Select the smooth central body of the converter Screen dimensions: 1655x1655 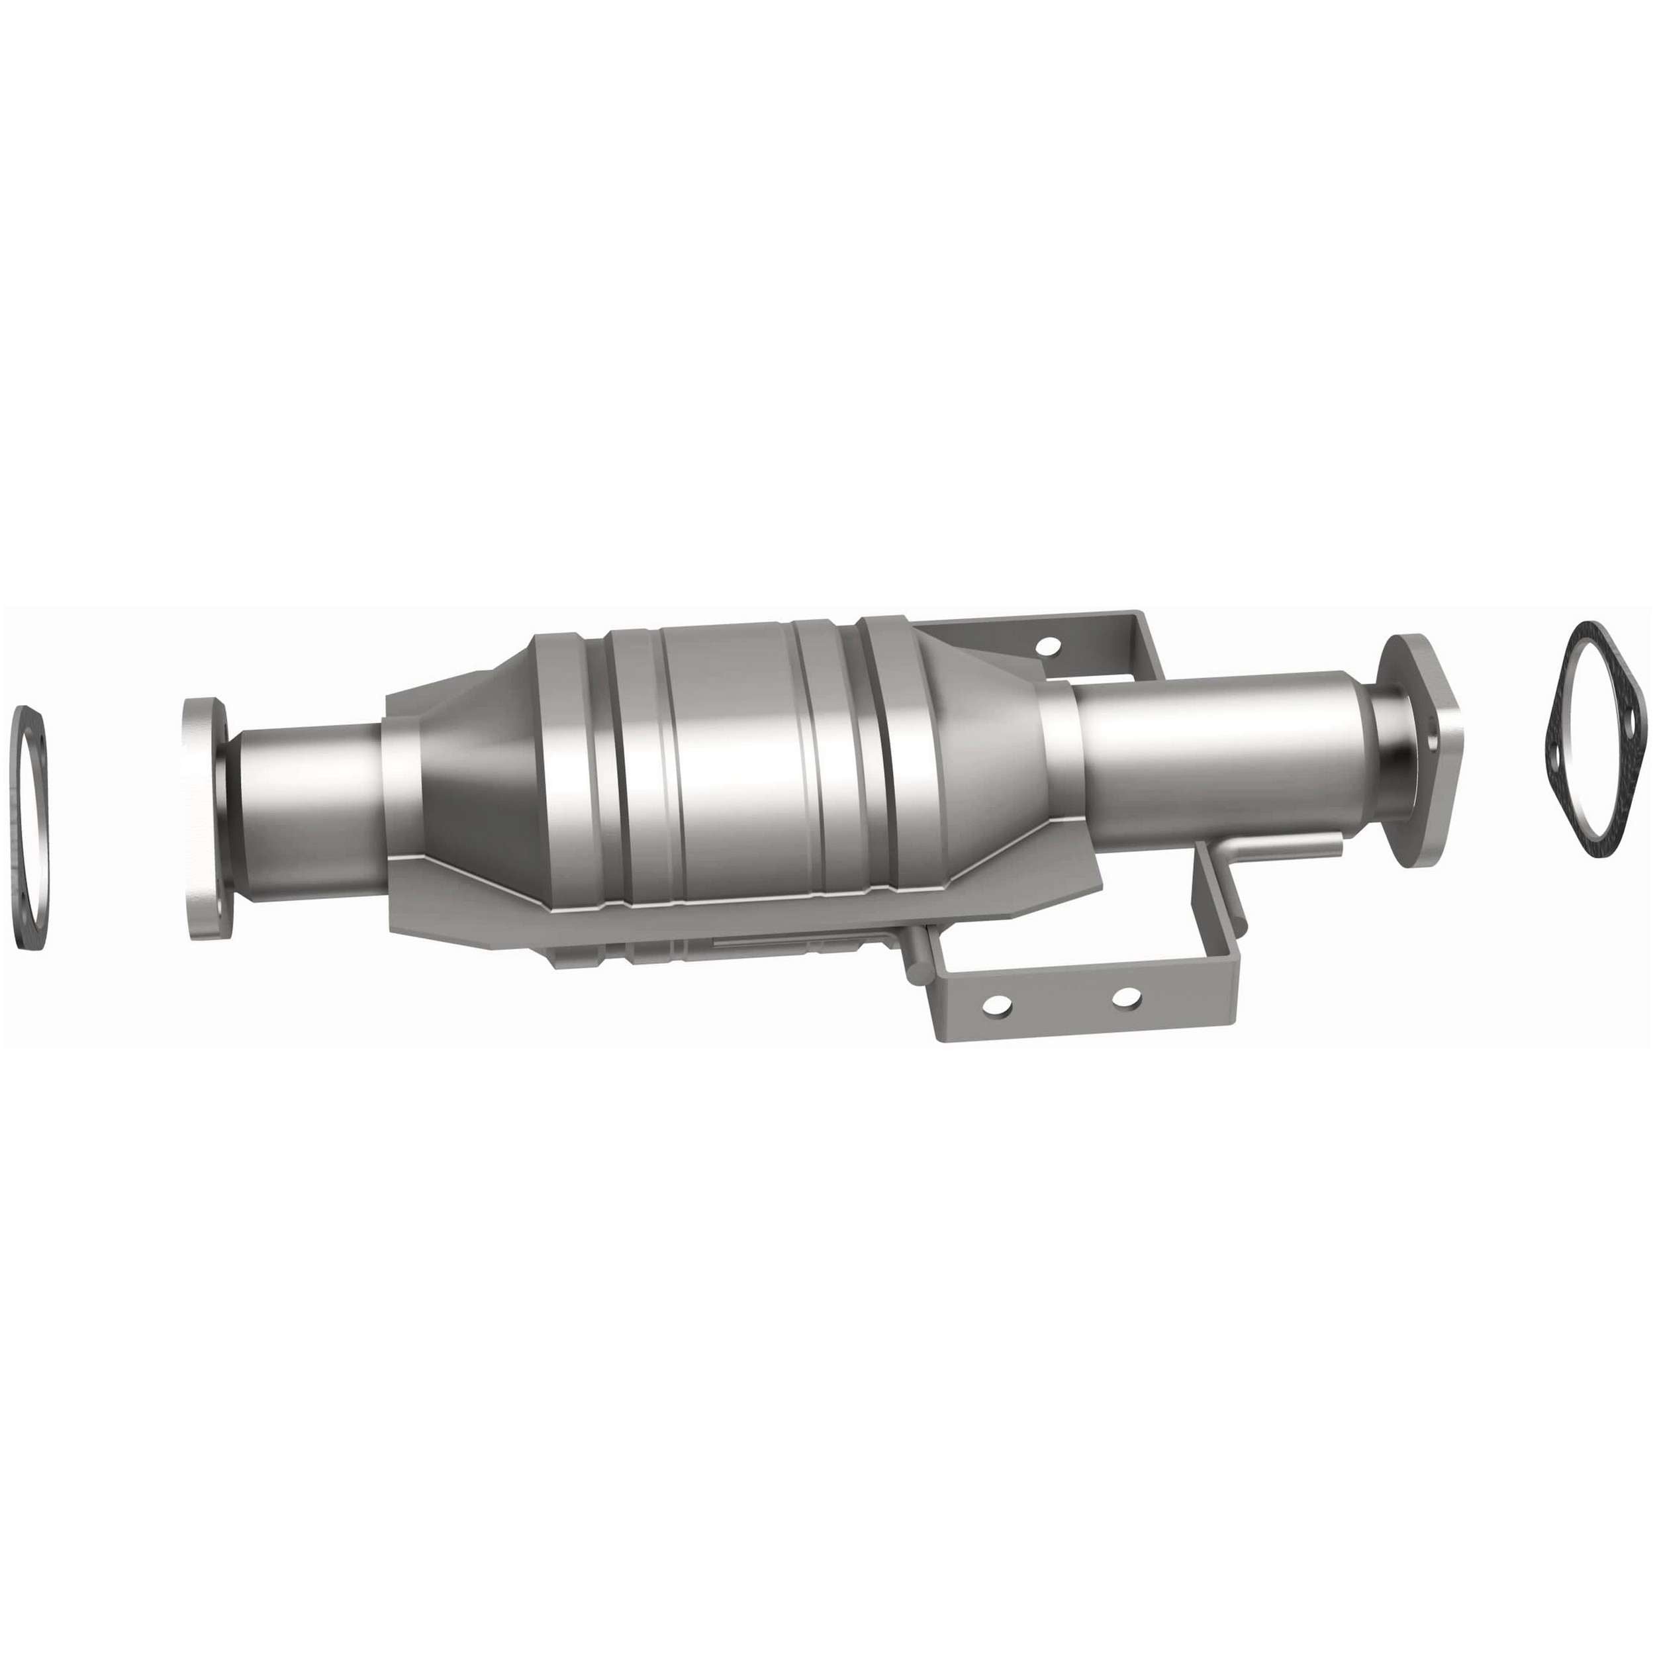point(737,771)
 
